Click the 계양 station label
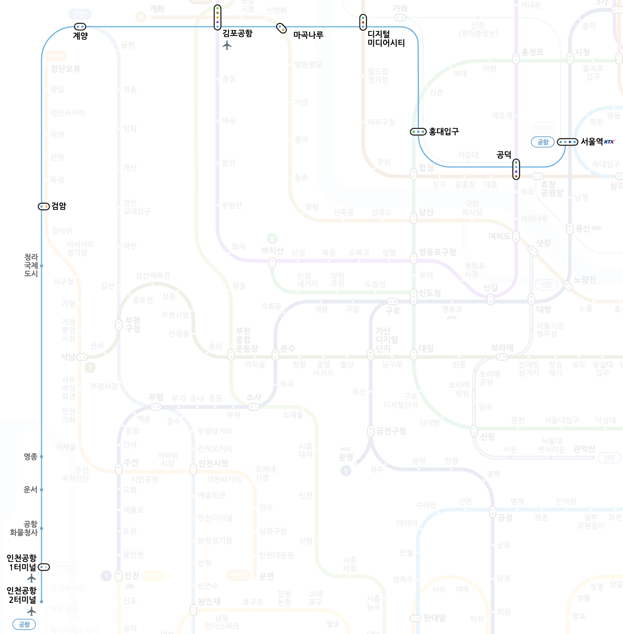click(x=80, y=36)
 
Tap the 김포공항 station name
click(x=237, y=33)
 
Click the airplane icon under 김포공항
click(x=227, y=45)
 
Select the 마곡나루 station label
click(x=308, y=35)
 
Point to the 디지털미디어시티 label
click(x=386, y=39)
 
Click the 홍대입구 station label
click(x=444, y=132)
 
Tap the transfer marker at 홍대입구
click(x=418, y=132)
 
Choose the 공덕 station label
click(x=504, y=154)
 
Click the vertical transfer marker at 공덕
click(x=516, y=169)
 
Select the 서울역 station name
click(x=591, y=142)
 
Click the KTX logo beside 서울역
click(x=609, y=142)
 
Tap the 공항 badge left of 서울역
click(x=543, y=142)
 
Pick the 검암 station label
click(x=59, y=206)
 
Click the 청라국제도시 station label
click(x=31, y=265)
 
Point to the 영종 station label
click(x=30, y=456)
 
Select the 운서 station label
click(x=30, y=489)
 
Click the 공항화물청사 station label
click(x=24, y=528)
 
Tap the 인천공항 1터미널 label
click(x=22, y=563)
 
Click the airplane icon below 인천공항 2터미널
click(x=31, y=611)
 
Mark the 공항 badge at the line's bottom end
click(x=24, y=624)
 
